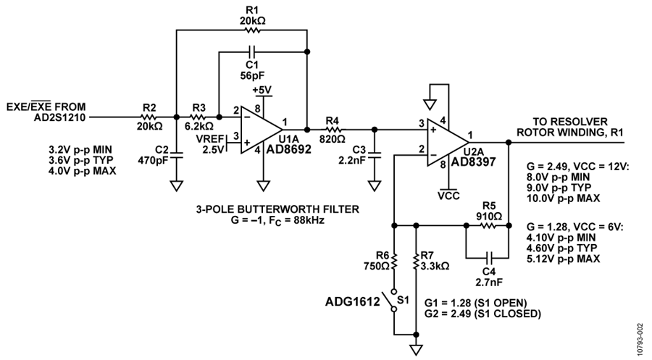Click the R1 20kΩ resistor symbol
[252, 30]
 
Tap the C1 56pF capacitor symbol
[252, 52]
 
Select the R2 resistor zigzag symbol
[149, 117]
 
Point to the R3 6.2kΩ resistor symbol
[198, 117]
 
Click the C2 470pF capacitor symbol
[177, 155]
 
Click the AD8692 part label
[288, 150]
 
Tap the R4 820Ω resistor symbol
[333, 130]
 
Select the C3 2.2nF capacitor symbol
[375, 155]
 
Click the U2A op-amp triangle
[448, 143]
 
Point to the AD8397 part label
[474, 162]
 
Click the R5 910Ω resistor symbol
[488, 226]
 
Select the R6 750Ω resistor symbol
[394, 262]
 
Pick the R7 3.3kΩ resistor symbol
[416, 262]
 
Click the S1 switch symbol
[392, 301]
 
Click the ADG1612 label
[353, 301]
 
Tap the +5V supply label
[262, 90]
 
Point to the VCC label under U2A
[448, 196]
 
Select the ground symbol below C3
[375, 185]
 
